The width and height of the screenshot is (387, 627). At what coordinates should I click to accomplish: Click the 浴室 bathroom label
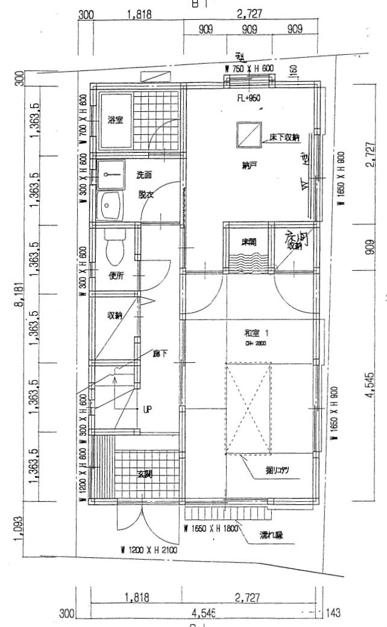(115, 120)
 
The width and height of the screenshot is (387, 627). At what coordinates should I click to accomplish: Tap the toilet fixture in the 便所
(114, 247)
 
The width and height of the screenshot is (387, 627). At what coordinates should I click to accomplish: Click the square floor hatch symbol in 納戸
(248, 134)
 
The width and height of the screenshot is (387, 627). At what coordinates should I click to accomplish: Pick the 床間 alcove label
(249, 242)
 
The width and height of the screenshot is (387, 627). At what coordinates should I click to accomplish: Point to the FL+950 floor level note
(250, 98)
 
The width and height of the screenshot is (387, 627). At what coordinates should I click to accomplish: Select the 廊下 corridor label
(160, 354)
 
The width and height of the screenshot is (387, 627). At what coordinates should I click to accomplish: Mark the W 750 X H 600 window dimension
(249, 69)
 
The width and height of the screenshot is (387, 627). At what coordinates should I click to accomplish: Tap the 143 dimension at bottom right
(332, 614)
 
